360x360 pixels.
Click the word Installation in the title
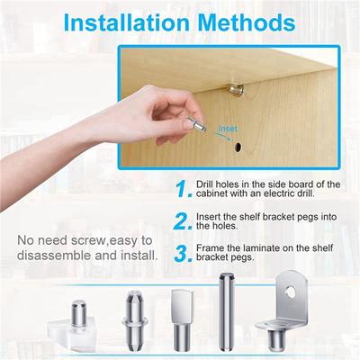coord(127,22)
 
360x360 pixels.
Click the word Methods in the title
coord(247,22)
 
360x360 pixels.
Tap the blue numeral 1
coord(184,189)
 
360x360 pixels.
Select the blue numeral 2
coord(183,221)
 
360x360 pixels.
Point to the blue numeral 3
coord(183,254)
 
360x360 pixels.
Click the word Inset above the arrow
coord(228,129)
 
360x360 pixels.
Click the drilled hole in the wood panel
coord(238,147)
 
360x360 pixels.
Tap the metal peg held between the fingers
coord(197,124)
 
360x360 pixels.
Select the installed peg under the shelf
coord(237,90)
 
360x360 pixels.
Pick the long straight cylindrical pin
coord(225,311)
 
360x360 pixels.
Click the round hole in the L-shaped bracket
coord(291,292)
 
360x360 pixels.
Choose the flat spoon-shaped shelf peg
coord(182,320)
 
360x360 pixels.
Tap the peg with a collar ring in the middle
coord(135,320)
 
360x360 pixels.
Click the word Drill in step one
coord(205,184)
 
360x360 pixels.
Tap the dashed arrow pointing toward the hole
coord(223,137)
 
